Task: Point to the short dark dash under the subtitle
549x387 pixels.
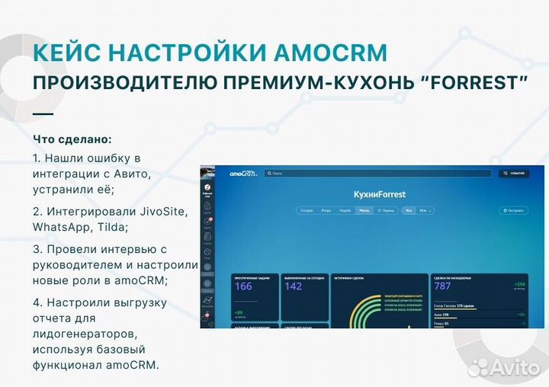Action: pyautogui.click(x=43, y=114)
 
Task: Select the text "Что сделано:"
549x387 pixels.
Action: pyautogui.click(x=72, y=140)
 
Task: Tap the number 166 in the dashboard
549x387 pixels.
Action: pyautogui.click(x=243, y=286)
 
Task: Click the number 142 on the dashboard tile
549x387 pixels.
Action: pyautogui.click(x=294, y=286)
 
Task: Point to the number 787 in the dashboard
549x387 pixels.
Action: pyautogui.click(x=442, y=286)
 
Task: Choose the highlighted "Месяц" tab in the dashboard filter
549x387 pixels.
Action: pyautogui.click(x=364, y=210)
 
